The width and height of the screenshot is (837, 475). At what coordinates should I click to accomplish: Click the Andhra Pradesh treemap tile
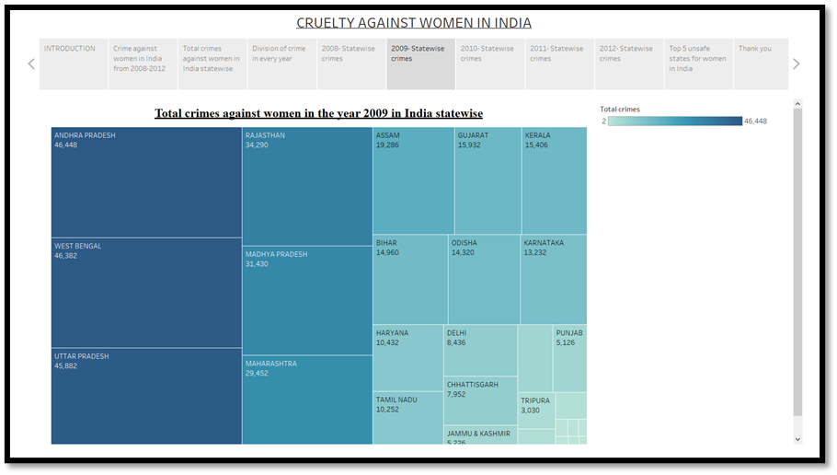coord(146,181)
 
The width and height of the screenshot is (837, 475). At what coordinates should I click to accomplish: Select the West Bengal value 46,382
coord(66,255)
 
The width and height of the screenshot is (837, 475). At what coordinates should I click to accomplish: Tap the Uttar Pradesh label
coord(82,356)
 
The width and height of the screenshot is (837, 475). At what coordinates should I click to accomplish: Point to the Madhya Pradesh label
coord(277,254)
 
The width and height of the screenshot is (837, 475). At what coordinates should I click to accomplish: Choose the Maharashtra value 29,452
coord(259,373)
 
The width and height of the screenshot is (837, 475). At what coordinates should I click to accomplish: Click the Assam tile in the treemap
coord(413,180)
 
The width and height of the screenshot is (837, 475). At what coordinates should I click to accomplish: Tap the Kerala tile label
coord(538,135)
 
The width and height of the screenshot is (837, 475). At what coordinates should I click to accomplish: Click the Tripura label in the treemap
coord(535,400)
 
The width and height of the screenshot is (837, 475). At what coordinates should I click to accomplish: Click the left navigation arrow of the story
coord(31,64)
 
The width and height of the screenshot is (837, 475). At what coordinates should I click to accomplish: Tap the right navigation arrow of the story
coord(796,64)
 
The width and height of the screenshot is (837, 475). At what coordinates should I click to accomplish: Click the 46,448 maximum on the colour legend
coord(755,121)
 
